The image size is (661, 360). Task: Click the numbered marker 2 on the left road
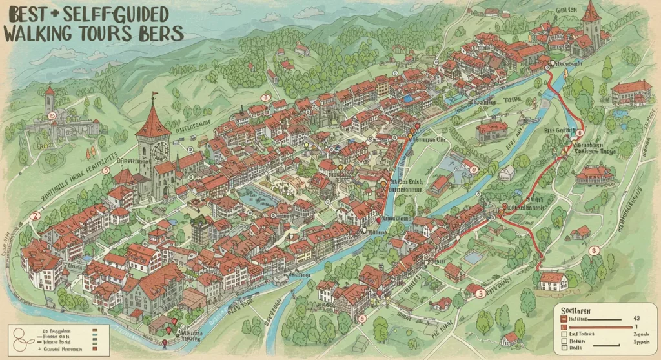37,215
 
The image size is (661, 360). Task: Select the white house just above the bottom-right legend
553,280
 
